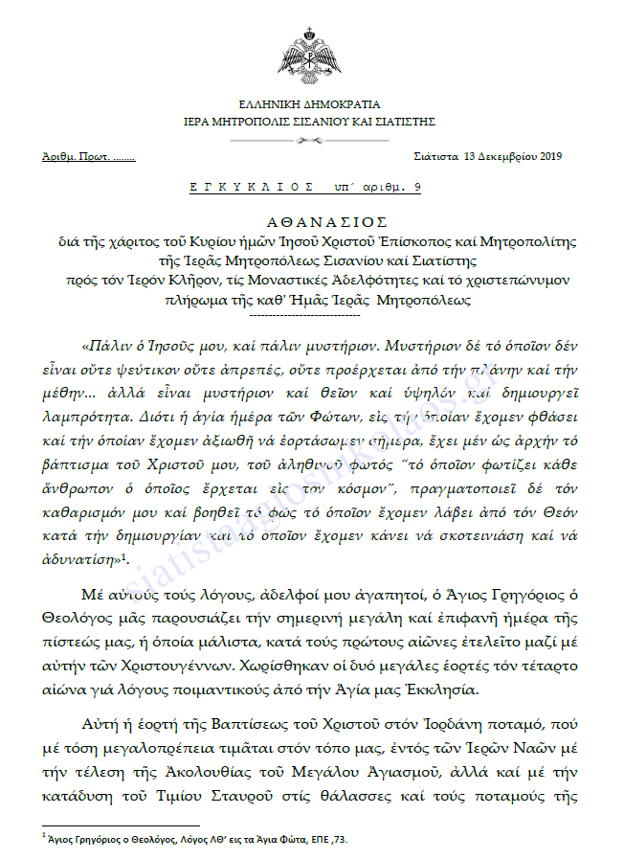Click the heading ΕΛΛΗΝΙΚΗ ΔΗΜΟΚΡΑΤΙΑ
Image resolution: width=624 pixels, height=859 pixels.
(310, 104)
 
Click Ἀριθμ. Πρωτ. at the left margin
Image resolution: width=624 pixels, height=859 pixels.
(76, 156)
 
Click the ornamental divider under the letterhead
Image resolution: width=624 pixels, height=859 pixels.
(310, 139)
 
